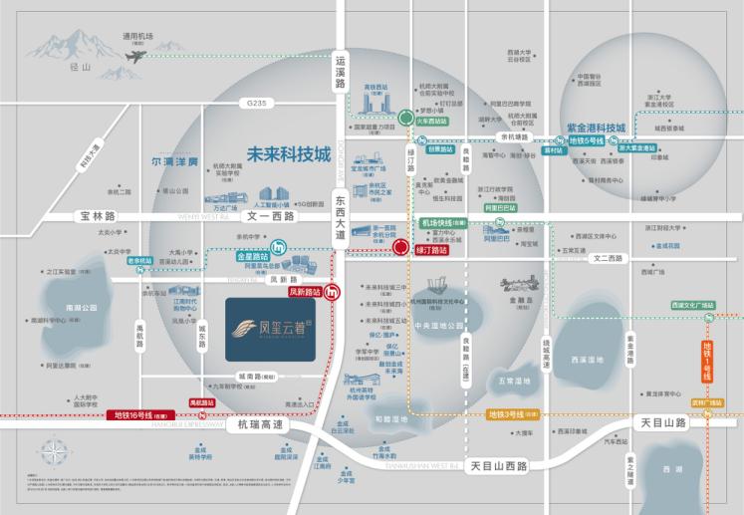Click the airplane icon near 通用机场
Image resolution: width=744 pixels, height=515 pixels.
point(131,57)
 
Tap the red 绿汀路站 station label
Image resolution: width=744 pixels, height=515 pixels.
point(430,251)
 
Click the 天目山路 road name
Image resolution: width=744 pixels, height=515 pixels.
point(660,423)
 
